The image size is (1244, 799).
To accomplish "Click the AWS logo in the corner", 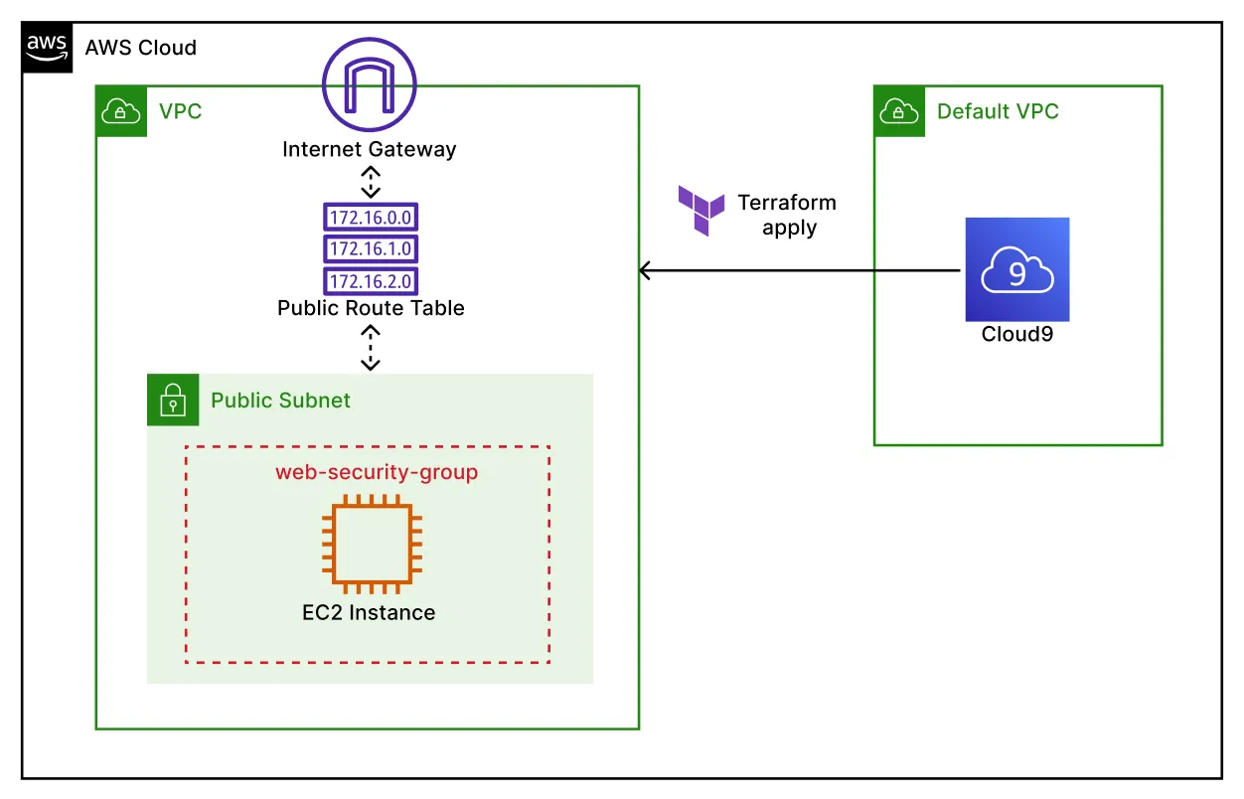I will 48,47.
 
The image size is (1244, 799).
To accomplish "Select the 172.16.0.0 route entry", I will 370,218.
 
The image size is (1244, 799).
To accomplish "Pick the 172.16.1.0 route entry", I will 370,248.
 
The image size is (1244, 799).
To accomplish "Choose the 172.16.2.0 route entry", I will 370,280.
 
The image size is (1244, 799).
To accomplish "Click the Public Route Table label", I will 371,308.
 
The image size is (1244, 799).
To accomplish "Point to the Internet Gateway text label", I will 370,150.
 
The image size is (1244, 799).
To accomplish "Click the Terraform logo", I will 701,210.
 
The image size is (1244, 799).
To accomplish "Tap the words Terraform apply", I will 788,215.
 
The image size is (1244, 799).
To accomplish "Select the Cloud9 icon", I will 1016,269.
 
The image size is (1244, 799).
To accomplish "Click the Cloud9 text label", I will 1016,334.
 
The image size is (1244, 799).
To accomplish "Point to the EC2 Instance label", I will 369,612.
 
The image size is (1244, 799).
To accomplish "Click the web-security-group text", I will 377,472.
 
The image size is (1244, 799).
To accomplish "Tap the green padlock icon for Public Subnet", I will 173,400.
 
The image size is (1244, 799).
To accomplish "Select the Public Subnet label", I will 280,401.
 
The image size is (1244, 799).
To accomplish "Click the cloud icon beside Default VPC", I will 899,111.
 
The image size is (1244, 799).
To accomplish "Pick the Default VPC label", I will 998,111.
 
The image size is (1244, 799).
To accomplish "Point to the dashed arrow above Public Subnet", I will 370,348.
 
